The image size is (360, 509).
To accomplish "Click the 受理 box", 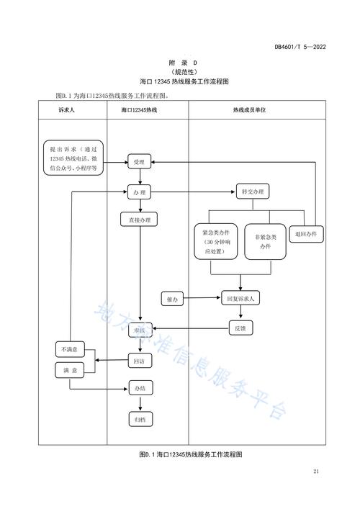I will tap(138, 163).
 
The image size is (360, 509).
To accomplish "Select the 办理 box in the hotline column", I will tap(138, 192).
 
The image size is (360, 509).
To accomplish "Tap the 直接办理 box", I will tap(138, 220).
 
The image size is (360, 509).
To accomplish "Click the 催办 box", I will tap(172, 297).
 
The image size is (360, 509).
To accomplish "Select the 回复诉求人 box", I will tap(242, 297).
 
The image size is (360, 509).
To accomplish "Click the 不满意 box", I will tap(70, 350).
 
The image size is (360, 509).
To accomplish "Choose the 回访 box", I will tap(138, 360).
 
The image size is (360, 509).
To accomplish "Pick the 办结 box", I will tap(138, 389).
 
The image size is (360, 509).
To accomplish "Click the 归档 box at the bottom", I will tap(138, 418).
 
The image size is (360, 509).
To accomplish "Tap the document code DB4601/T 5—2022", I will tap(300, 47).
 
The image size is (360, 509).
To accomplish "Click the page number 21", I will tap(316, 472).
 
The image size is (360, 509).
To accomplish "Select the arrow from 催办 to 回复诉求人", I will tap(202, 297).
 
